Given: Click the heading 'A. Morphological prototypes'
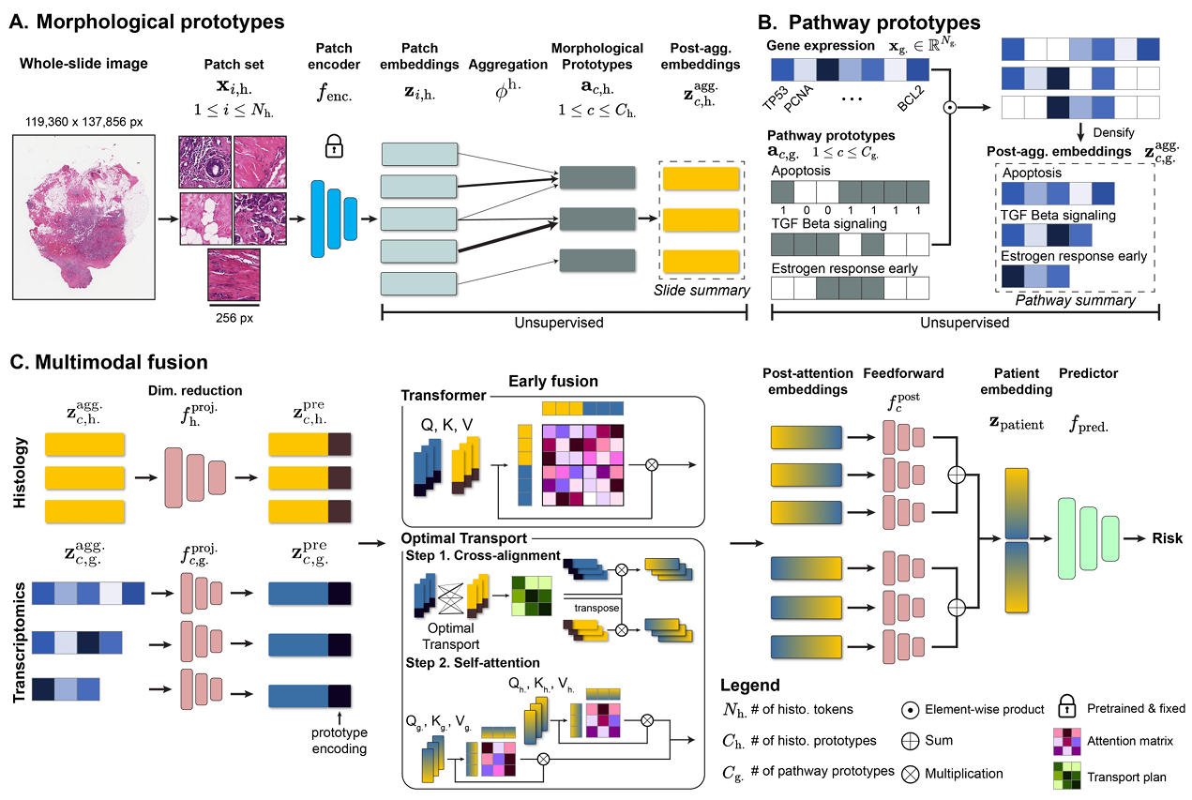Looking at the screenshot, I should [147, 19].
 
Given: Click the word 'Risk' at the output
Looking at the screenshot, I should [1167, 538].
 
